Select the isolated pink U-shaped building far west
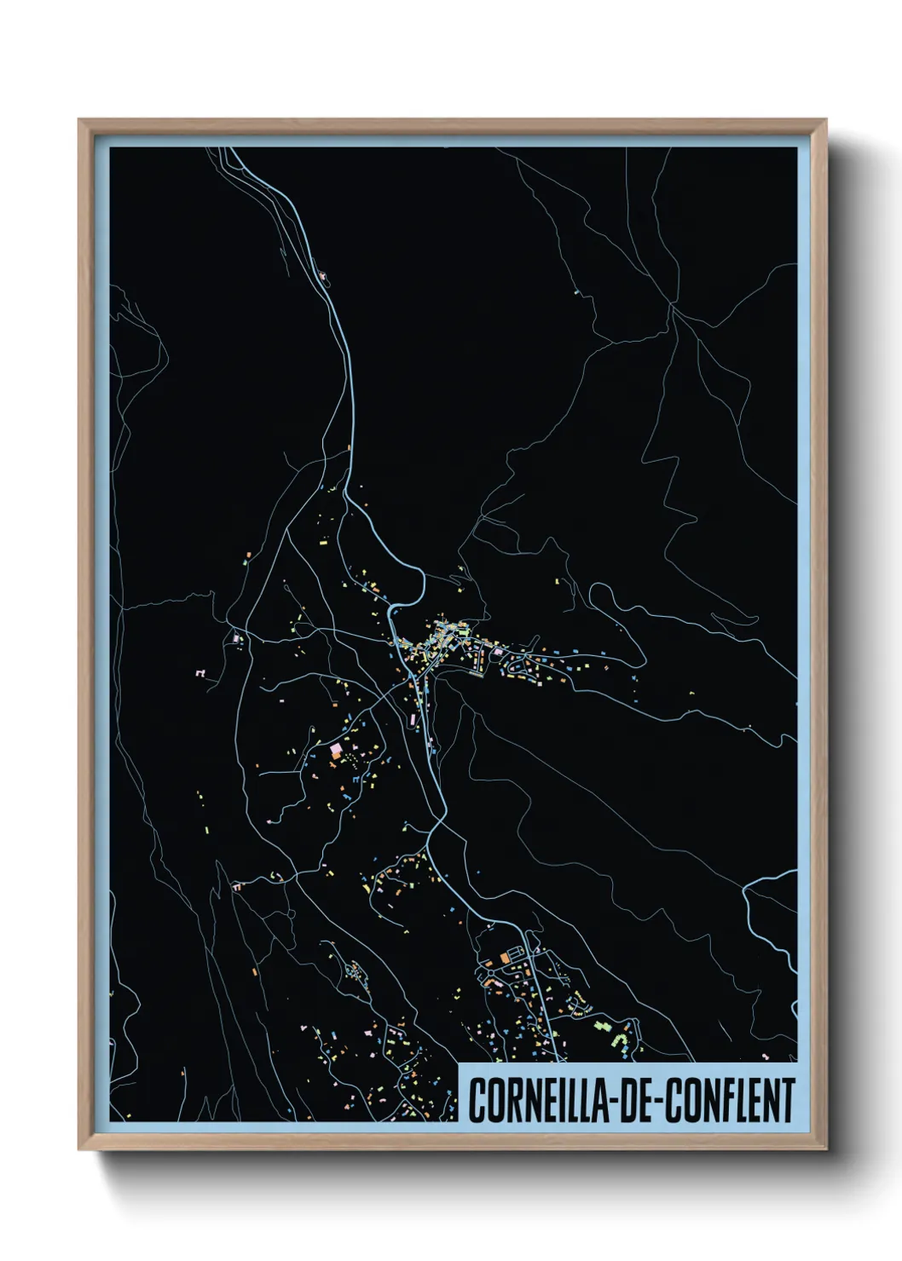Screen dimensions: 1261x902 [x=201, y=673]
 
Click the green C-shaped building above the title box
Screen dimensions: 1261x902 [x=622, y=1040]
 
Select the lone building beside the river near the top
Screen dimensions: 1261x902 [x=324, y=275]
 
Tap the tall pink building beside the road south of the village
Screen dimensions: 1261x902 [x=415, y=721]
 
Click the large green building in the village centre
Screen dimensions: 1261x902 [x=442, y=631]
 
